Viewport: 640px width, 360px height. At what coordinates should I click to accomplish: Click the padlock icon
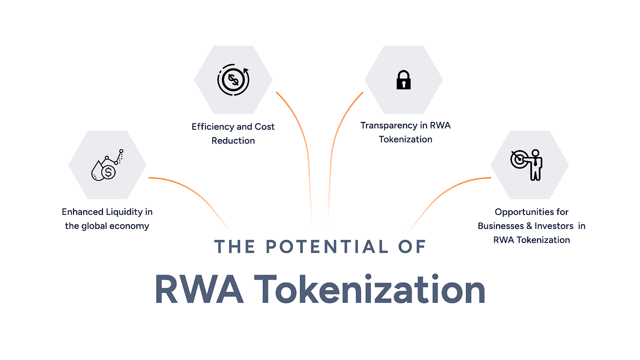tap(403, 80)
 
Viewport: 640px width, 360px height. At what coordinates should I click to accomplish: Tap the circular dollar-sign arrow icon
tap(233, 80)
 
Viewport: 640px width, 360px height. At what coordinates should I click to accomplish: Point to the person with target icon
tap(527, 164)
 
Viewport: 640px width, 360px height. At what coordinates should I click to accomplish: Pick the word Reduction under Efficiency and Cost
tap(233, 141)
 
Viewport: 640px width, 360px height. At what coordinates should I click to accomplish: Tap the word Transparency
tap(389, 125)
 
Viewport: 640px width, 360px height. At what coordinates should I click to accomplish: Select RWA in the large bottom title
tap(199, 289)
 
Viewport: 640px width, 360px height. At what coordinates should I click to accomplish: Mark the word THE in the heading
tap(235, 247)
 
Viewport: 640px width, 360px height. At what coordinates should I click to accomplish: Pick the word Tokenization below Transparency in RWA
tap(405, 139)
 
